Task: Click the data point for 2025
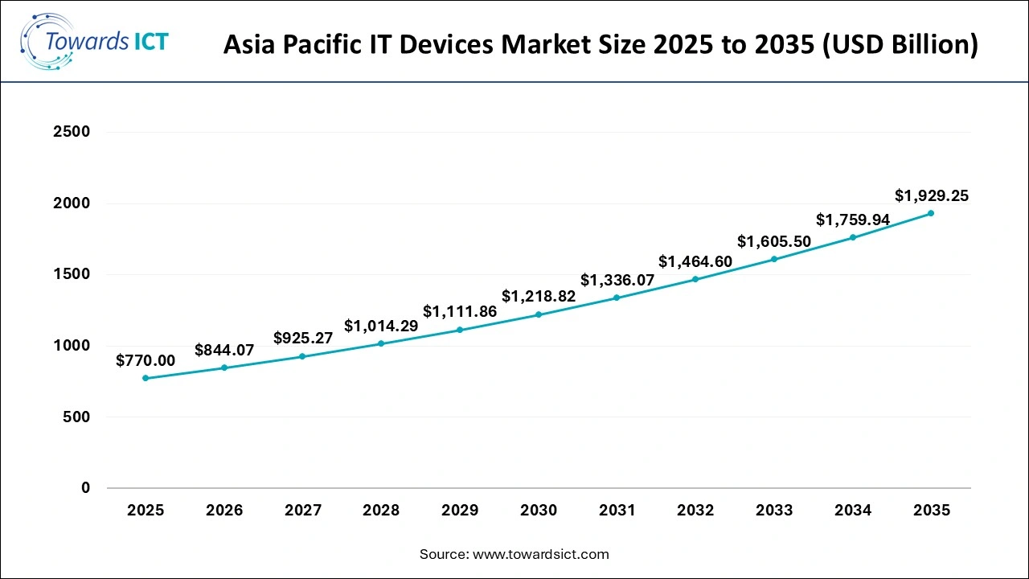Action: click(146, 378)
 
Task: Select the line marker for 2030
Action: click(539, 314)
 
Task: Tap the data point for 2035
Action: click(931, 213)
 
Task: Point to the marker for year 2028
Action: click(381, 343)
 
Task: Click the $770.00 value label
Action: click(146, 360)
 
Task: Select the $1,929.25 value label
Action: click(932, 195)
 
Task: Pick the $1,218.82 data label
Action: click(539, 296)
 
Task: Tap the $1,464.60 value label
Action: click(695, 261)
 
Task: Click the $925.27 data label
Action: click(303, 338)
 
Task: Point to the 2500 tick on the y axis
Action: click(72, 132)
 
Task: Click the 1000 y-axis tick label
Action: click(72, 346)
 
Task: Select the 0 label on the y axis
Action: click(85, 488)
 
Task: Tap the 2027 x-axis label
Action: click(303, 511)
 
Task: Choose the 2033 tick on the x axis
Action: click(774, 511)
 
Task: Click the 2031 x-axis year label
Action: click(617, 511)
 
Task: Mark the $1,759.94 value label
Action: click(853, 220)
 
